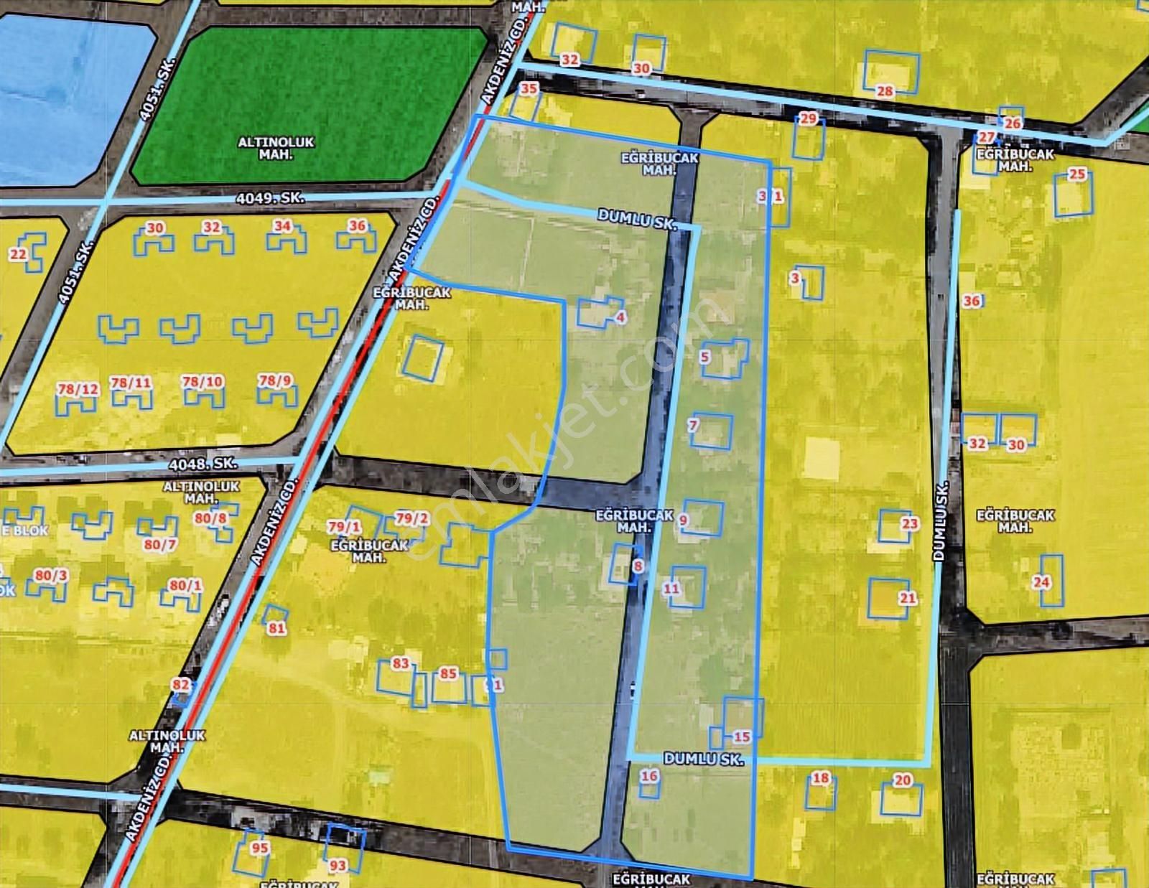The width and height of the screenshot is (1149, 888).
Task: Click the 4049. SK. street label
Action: click(x=270, y=198)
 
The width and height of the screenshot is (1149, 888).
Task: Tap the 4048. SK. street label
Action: click(x=203, y=464)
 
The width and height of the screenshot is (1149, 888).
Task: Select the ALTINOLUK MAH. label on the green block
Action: click(x=276, y=148)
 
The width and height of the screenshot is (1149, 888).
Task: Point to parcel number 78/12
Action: click(x=78, y=389)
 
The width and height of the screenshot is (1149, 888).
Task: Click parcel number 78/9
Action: click(x=275, y=380)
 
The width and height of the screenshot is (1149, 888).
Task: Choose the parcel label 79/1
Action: click(x=344, y=527)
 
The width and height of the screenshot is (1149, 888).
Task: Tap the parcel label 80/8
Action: click(x=210, y=518)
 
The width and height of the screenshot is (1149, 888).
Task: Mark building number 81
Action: click(x=276, y=628)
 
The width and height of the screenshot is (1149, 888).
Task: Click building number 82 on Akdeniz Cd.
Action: click(x=181, y=685)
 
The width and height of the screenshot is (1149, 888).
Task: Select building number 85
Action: click(x=448, y=673)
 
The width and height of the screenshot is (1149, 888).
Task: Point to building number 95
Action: click(x=259, y=848)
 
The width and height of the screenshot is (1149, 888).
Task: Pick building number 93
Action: click(x=338, y=865)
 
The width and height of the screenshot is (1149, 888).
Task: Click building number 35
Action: click(x=529, y=89)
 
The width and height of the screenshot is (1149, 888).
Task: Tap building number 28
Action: click(x=885, y=91)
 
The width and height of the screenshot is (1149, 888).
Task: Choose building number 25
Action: click(x=1077, y=174)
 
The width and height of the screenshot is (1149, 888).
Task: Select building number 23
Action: click(x=910, y=523)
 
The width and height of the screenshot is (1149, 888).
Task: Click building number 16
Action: click(x=649, y=775)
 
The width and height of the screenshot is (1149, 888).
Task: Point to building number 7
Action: click(x=693, y=425)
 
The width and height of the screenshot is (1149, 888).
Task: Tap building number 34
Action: click(x=282, y=226)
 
